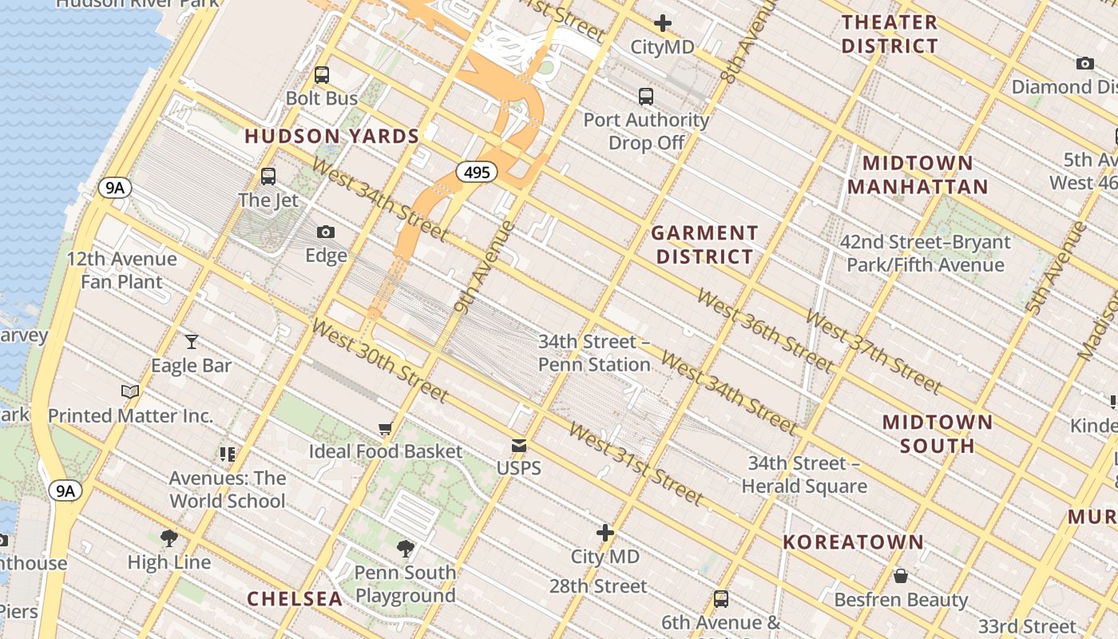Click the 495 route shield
tap(477, 172)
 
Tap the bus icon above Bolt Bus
tap(322, 75)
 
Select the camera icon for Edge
tap(326, 232)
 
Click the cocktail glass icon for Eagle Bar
tap(192, 342)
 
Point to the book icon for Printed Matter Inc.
tap(130, 391)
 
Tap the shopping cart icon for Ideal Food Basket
tap(386, 428)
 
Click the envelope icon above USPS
tap(519, 446)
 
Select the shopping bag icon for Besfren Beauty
tap(901, 576)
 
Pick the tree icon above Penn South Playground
tap(406, 549)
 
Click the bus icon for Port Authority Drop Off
tap(646, 97)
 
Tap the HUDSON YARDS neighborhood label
tap(332, 137)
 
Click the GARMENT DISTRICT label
tap(704, 244)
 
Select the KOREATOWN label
tap(853, 542)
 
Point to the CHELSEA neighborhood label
tap(295, 598)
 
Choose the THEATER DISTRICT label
tap(890, 34)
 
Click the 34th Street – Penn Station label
tap(594, 353)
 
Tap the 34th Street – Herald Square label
tap(804, 474)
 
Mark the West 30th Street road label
tap(379, 360)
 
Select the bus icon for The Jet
tap(268, 177)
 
